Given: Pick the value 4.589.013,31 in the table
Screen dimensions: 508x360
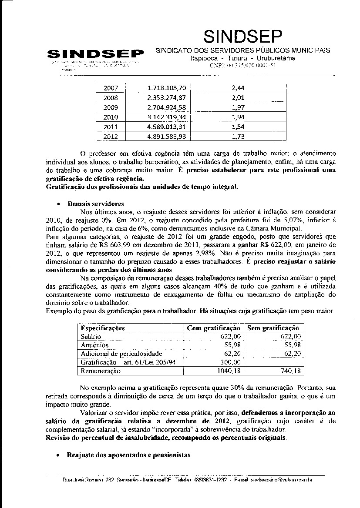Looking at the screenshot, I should point(167,127).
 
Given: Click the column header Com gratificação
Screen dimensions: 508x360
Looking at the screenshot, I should point(213,328).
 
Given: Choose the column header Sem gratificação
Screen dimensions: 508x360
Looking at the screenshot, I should point(273,328).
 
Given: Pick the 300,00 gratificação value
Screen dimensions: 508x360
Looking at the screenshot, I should point(231,362).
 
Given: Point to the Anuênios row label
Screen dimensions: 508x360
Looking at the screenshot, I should point(94,345).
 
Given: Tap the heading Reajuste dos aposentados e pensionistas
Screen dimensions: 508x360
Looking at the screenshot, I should point(129,455).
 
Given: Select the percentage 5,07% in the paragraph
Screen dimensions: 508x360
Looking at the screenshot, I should point(256,220).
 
